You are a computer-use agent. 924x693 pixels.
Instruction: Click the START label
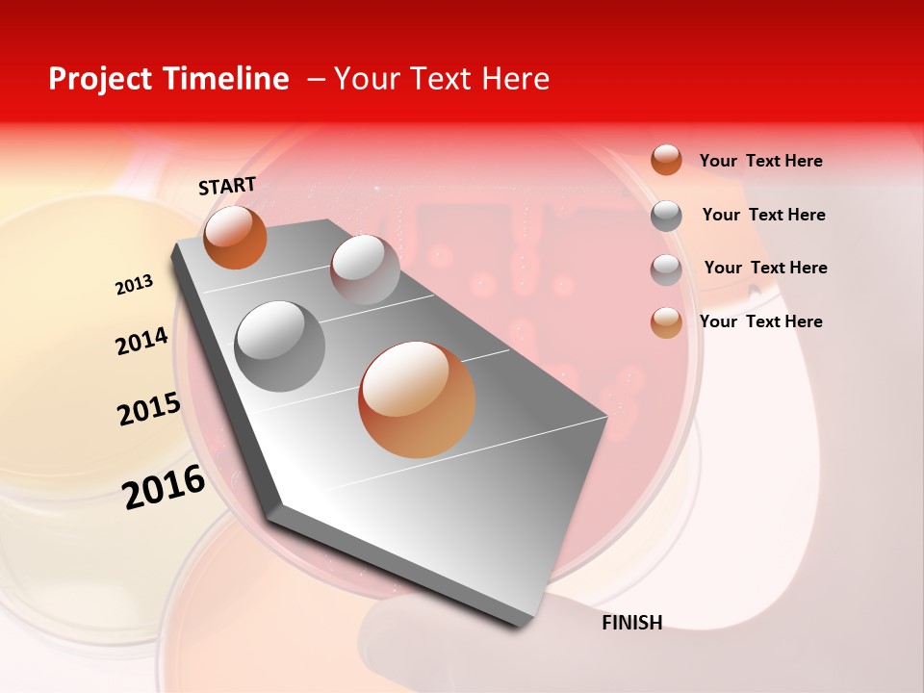227,186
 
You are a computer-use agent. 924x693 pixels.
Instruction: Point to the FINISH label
631,623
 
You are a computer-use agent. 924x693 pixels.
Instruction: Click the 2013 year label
134,285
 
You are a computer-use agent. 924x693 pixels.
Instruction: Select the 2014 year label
141,341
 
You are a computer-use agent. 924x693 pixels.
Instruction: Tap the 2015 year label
148,409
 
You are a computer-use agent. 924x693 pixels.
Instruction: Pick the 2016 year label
164,487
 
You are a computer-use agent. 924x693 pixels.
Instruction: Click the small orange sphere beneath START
235,237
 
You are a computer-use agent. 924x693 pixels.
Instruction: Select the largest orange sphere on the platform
417,399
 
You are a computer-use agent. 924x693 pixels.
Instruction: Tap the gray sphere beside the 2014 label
280,346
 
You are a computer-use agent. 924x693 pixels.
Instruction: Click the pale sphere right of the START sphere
365,269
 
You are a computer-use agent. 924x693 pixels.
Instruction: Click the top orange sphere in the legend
666,160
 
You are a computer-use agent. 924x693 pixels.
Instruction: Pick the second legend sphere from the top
666,216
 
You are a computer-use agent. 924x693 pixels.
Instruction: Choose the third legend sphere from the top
666,269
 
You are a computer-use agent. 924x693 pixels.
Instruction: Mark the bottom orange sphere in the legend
666,322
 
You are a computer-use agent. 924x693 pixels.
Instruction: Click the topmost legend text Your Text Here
760,161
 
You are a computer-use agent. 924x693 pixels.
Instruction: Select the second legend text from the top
763,215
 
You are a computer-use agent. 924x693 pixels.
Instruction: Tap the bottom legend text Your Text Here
760,321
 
